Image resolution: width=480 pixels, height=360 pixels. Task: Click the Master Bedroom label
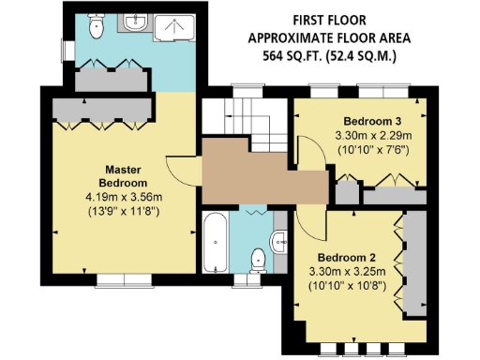(124, 175)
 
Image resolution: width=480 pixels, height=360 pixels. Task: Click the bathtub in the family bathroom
(215, 243)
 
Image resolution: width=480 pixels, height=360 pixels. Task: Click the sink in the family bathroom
(279, 243)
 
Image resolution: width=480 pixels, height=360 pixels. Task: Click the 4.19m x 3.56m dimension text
(124, 198)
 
